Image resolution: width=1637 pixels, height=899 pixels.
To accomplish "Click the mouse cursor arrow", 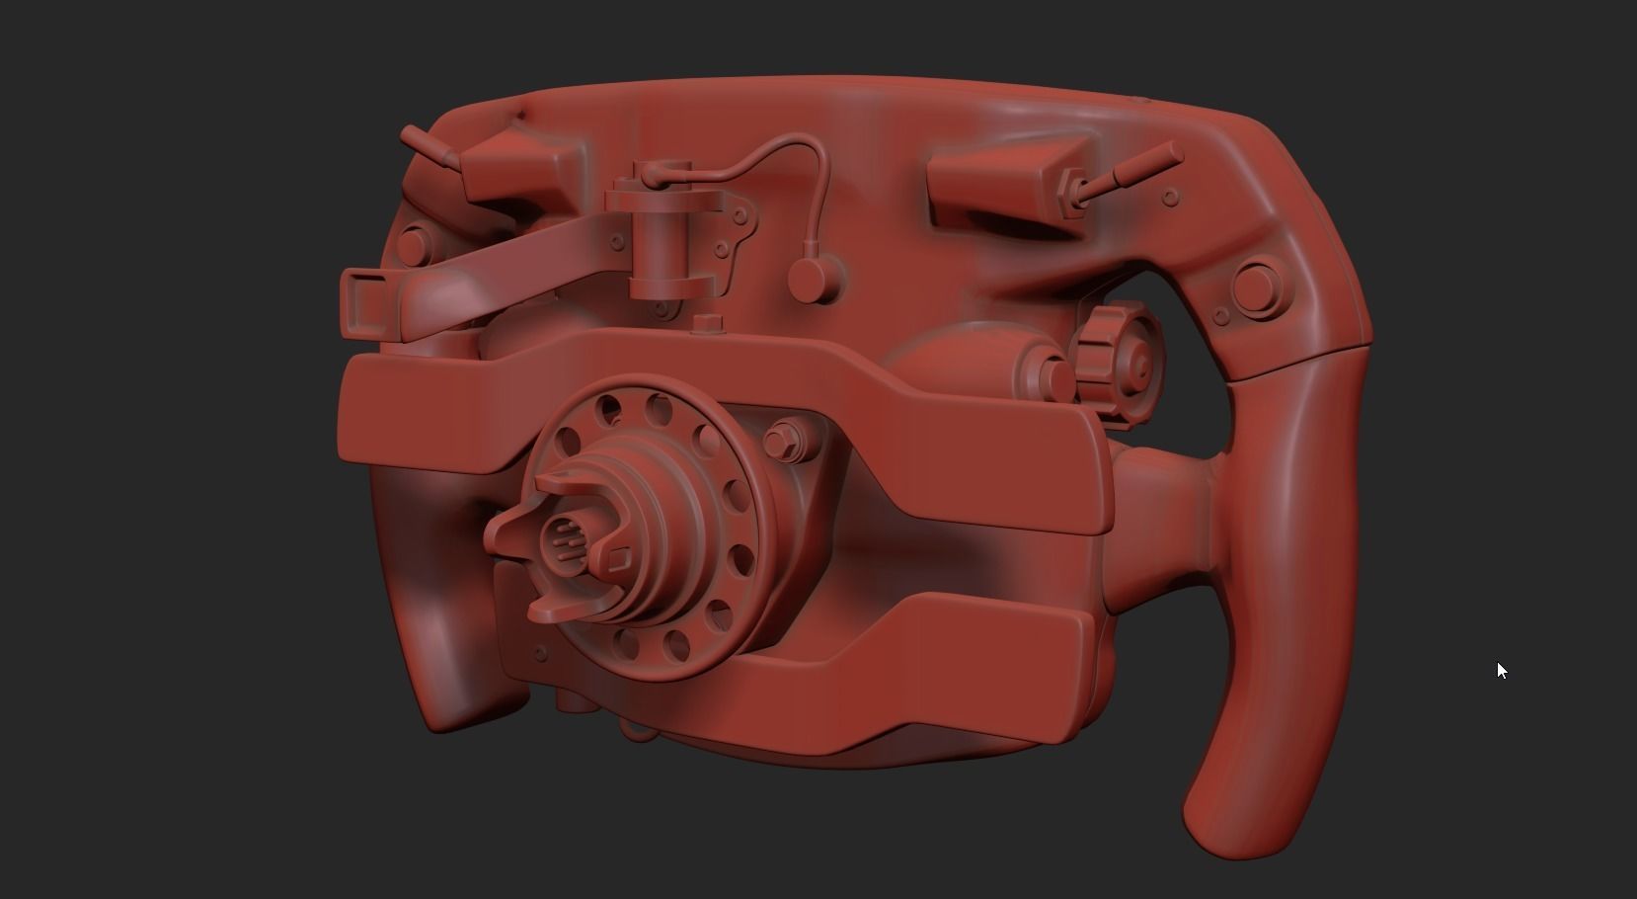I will pos(1501,670).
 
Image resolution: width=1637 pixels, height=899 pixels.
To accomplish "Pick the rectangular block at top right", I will pos(999,183).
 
